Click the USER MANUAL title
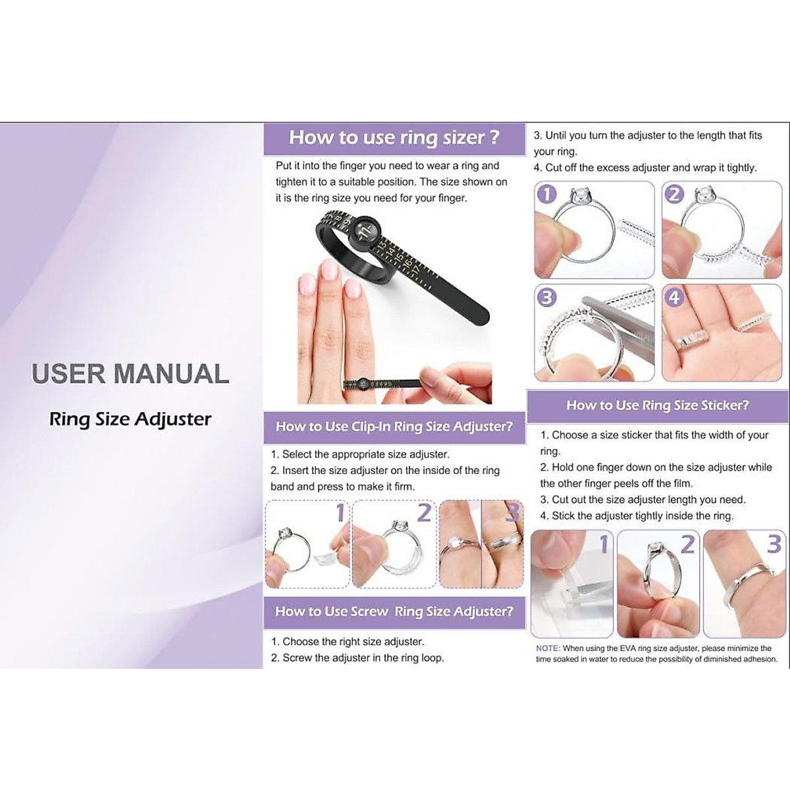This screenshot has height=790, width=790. tap(130, 374)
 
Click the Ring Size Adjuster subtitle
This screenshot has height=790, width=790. tap(130, 419)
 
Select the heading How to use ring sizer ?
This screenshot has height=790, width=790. tap(394, 138)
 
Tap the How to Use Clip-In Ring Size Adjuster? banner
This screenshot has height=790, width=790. tap(394, 427)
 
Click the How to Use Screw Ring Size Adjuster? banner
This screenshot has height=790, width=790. tap(394, 612)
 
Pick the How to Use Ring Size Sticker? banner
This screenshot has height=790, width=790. tap(657, 406)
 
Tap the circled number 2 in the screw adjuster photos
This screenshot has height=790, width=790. tap(675, 194)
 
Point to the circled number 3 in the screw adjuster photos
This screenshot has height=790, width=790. tap(546, 298)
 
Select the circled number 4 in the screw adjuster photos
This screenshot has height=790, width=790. tap(674, 298)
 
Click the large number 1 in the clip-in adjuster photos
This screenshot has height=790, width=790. tap(340, 512)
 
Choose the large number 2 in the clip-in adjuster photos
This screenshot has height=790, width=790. tap(424, 512)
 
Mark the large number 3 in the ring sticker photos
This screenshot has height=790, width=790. tap(774, 544)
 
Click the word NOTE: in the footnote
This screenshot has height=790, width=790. tap(548, 648)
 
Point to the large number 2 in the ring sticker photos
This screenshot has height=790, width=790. tap(687, 544)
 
